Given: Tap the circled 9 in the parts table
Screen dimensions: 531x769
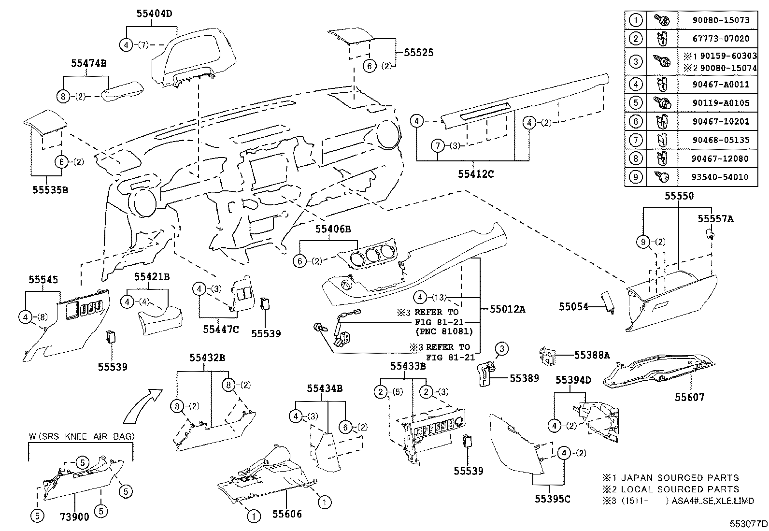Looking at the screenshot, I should (x=636, y=177).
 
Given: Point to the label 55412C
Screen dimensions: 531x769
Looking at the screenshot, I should (x=476, y=174).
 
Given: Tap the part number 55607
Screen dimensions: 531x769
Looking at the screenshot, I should (x=689, y=397).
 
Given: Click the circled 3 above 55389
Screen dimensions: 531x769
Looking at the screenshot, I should (x=501, y=348).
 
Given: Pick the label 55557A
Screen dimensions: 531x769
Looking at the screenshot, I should (x=715, y=219).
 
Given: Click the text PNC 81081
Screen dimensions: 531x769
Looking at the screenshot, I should (x=443, y=331).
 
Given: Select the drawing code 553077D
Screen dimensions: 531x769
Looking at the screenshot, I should (x=748, y=523).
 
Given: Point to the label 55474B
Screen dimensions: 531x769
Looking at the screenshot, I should (x=88, y=62).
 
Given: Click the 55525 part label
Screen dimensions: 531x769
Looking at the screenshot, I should (x=418, y=53).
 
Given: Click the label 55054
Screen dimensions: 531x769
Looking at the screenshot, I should (x=574, y=306).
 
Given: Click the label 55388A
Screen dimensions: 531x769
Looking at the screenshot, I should (x=591, y=355).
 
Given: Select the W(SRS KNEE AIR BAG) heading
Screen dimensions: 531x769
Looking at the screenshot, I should (x=81, y=437).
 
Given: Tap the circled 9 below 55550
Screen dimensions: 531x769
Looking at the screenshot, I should (x=643, y=242).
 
